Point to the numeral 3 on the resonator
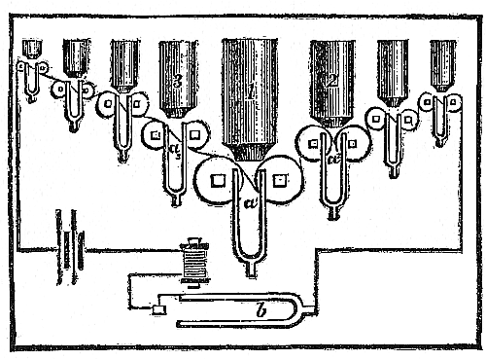pos(177,83)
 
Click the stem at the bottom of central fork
pos(251,268)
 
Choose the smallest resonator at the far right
pos(443,63)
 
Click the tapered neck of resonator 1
pos(251,151)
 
